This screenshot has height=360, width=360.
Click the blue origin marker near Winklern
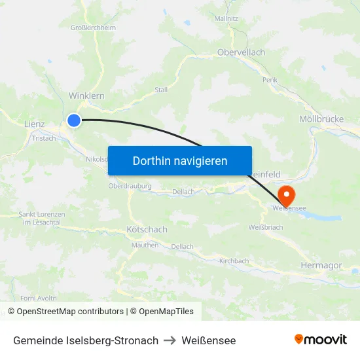tap(74, 120)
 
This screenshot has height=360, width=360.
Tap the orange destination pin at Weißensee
tap(287, 195)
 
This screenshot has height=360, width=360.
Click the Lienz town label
tap(34, 124)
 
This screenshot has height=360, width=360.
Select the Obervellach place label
tap(242, 52)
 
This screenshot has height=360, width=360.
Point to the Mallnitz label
tap(226, 18)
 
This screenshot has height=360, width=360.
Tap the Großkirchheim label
tap(93, 27)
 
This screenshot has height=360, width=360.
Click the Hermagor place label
tap(321, 265)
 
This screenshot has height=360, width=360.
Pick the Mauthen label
tap(145, 245)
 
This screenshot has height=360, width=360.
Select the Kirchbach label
tap(234, 261)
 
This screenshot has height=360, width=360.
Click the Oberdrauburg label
tap(130, 187)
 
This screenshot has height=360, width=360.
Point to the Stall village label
tap(161, 90)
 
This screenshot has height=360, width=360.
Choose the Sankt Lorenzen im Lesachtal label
tap(41, 219)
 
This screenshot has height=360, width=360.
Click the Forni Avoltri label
tap(34, 298)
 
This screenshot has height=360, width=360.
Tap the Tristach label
tap(44, 138)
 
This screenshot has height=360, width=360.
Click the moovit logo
tap(321, 340)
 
